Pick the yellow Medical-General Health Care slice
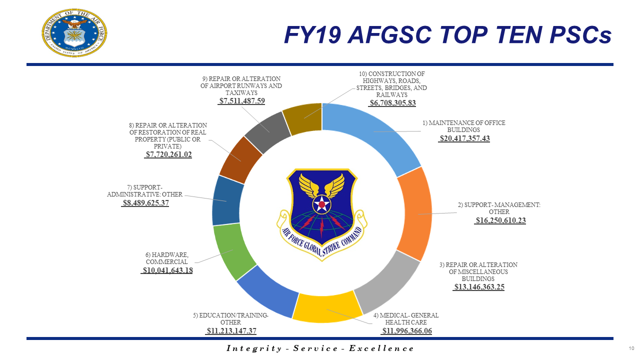(327, 307)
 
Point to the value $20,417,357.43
(464, 138)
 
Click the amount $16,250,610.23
(500, 220)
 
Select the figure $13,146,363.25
(478, 287)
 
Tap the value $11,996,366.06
(406, 331)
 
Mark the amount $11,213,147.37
(231, 331)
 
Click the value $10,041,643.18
(167, 270)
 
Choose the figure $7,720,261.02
(168, 155)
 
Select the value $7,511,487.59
(241, 101)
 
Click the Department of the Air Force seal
(74, 32)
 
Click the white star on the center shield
(321, 204)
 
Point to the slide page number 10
(631, 348)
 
